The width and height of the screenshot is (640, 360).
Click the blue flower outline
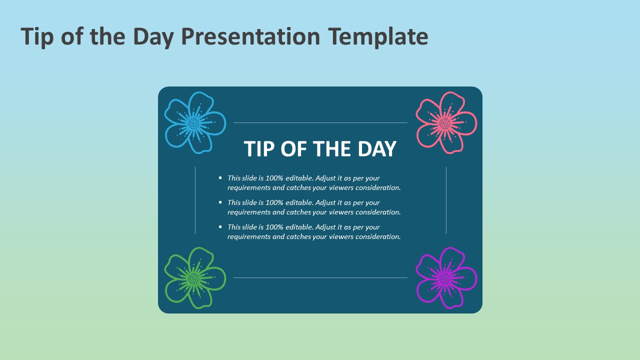tap(194, 123)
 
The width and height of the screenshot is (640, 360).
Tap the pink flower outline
tap(445, 123)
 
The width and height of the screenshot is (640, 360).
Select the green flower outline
tap(194, 277)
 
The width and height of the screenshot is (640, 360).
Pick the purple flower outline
tap(445, 277)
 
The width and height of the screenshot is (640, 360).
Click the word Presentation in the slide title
tap(250, 36)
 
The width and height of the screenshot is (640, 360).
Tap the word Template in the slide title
tap(378, 37)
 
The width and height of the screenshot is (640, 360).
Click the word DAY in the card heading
tap(377, 149)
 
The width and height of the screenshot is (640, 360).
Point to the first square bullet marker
tap(220, 177)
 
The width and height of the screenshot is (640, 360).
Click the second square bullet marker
tap(220, 202)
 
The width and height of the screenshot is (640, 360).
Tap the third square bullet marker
tap(220, 227)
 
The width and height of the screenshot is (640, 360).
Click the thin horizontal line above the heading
tap(320, 123)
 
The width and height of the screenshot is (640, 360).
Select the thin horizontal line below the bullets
tap(320, 277)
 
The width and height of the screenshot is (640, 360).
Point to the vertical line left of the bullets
tap(195, 200)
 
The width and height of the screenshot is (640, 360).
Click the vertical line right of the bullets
tap(446, 200)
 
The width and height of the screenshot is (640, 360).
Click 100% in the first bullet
tap(274, 178)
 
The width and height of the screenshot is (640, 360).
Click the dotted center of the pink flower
tap(444, 123)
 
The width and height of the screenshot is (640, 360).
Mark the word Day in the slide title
tap(153, 37)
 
